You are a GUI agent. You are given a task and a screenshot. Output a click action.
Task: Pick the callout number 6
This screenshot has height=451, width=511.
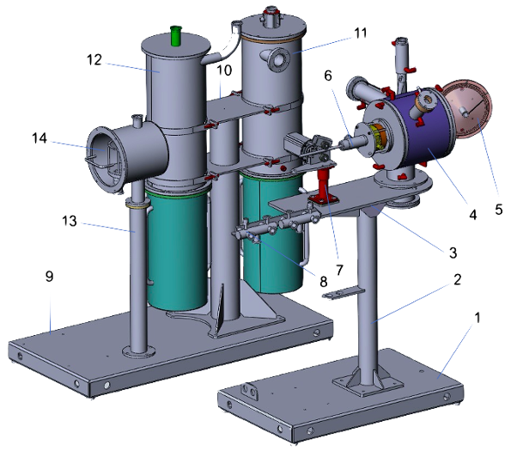[x=326, y=76]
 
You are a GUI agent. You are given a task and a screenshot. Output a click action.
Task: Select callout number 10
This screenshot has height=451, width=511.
[x=224, y=68]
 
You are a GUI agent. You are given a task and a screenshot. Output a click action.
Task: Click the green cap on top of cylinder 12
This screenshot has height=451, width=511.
[x=178, y=34]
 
